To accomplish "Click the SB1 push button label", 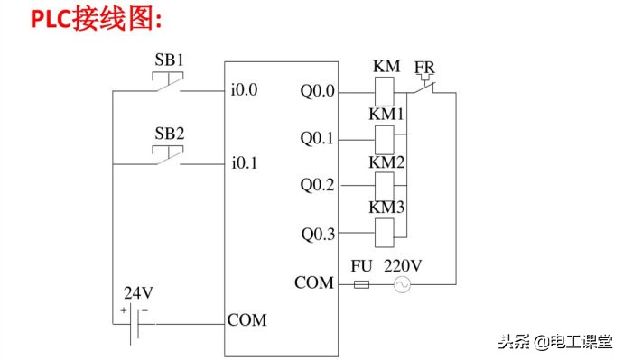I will point(169,60).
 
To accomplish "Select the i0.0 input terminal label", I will point(245,91).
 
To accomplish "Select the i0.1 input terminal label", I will point(245,163).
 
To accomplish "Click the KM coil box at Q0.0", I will point(383,90).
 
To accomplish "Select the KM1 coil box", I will point(383,138).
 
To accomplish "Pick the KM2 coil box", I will point(383,185).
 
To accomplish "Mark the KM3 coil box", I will point(383,234).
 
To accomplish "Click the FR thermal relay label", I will point(424,69).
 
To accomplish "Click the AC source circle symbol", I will point(397,284).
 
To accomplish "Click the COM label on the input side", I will point(246,320).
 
